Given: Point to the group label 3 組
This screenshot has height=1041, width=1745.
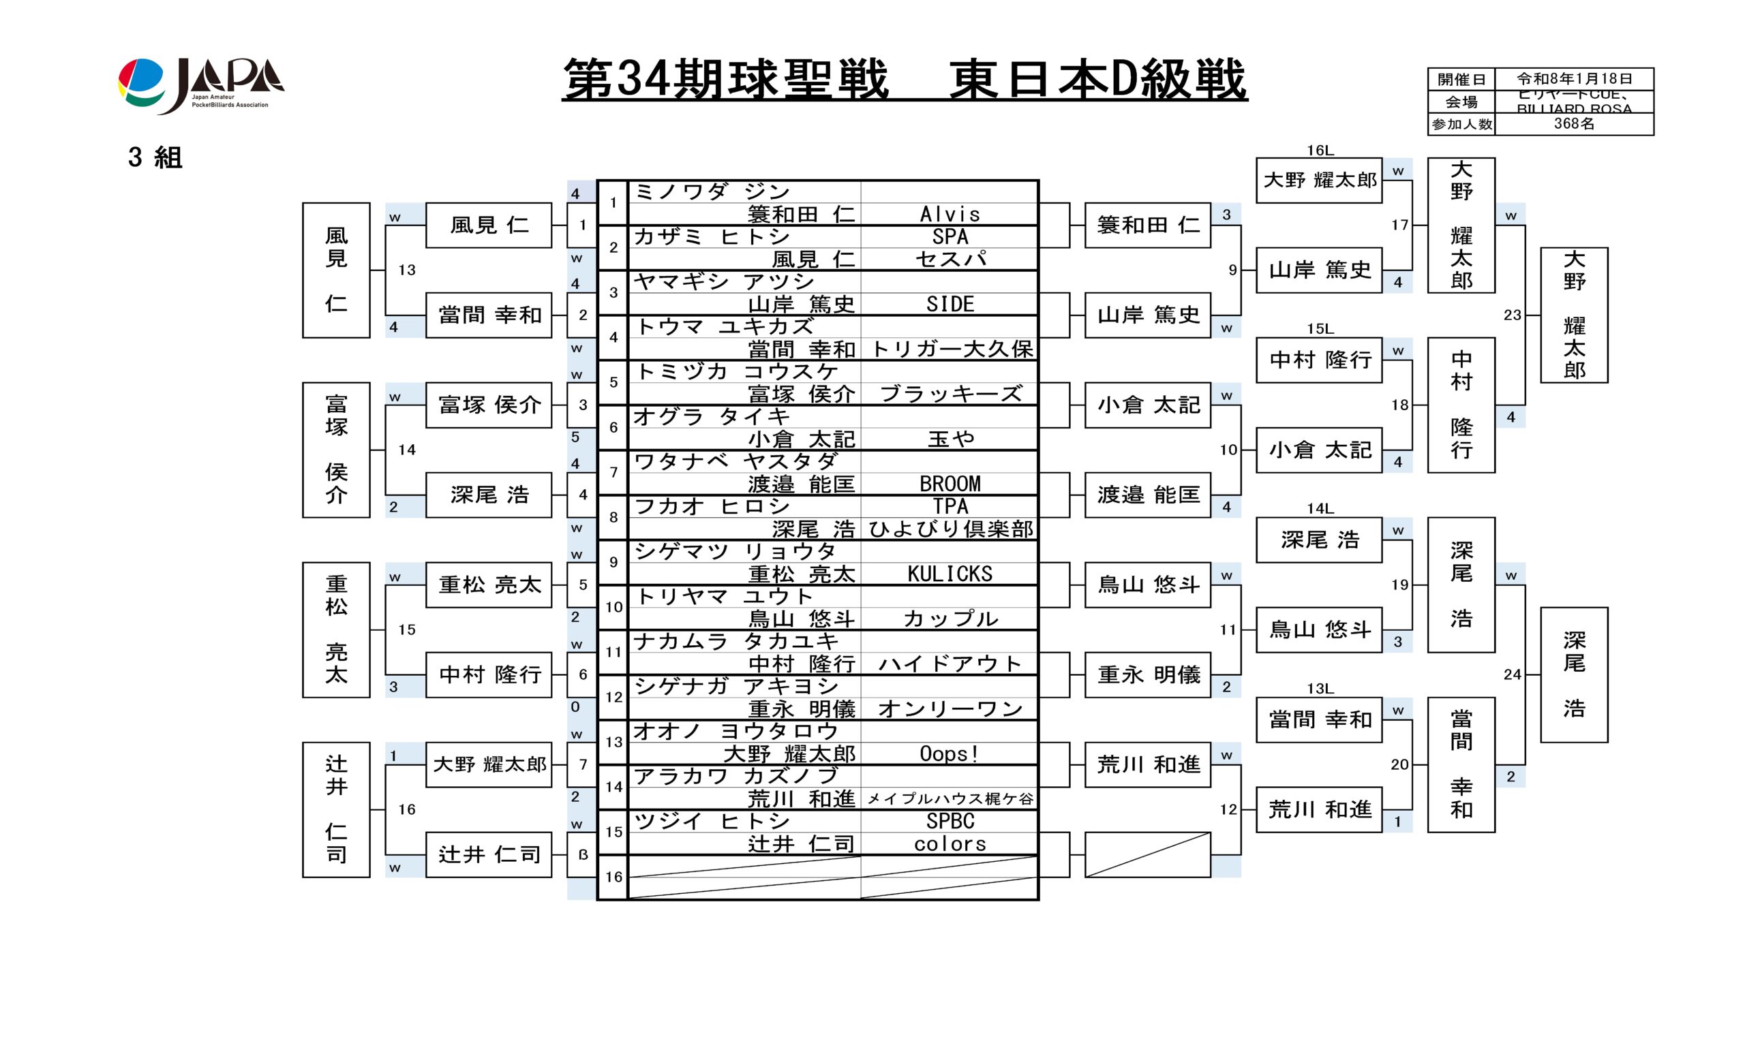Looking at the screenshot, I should coord(155,158).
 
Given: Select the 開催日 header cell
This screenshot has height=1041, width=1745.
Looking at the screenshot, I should coord(1461,79).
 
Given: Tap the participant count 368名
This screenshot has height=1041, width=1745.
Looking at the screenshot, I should coord(1574,124).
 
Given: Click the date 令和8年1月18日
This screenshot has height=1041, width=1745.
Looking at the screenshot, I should coord(1574,78).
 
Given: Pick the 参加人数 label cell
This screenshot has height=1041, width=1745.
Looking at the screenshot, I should coord(1461,124).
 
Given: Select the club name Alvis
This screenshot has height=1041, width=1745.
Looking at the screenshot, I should coord(950,214).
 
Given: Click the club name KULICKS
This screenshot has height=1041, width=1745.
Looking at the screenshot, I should coord(950,574).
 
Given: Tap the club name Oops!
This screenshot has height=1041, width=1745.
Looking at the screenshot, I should coord(950,754).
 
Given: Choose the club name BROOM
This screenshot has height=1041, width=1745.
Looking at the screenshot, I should coord(950,484).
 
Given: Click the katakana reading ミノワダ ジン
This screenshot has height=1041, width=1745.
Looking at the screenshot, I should coord(712,191).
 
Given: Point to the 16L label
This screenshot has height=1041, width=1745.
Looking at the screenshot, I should coord(1319,150).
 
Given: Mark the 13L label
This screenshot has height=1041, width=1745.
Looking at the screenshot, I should coord(1319,688).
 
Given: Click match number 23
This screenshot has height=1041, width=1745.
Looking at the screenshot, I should coord(1512,315).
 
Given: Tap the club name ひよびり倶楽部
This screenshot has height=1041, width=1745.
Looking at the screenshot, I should coord(950,529).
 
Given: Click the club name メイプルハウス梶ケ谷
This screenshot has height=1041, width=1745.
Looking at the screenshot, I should coord(950,799).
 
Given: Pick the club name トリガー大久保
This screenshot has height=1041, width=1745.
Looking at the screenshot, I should coord(950,349).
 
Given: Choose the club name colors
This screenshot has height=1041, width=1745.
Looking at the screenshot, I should coord(950,844).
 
